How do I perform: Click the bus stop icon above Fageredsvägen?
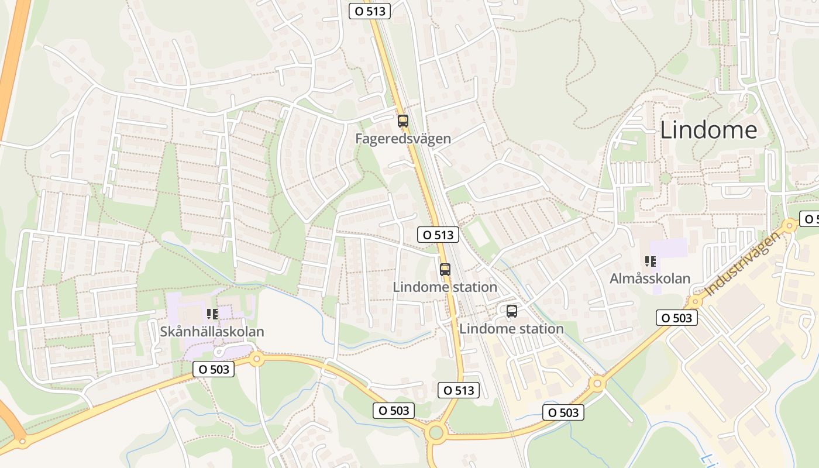click(403, 121)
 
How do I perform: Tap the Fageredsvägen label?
click(403, 139)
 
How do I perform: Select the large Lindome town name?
click(708, 130)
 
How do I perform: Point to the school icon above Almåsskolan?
click(650, 261)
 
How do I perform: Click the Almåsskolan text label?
click(650, 278)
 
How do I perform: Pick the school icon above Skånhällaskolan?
click(212, 314)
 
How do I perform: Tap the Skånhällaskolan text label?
click(212, 332)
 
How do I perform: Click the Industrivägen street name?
click(742, 263)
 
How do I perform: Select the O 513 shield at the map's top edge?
click(370, 11)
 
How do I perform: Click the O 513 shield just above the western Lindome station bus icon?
click(438, 235)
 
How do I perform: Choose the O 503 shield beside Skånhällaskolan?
click(214, 369)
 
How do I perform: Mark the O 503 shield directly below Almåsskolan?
click(677, 318)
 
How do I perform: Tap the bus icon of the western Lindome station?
click(445, 270)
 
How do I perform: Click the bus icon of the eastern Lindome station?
click(512, 311)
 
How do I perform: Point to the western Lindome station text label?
click(445, 287)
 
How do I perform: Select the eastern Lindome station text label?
click(511, 329)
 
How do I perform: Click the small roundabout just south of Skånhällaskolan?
click(256, 359)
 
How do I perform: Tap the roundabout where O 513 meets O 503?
click(436, 433)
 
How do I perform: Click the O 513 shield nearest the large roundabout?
click(459, 390)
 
